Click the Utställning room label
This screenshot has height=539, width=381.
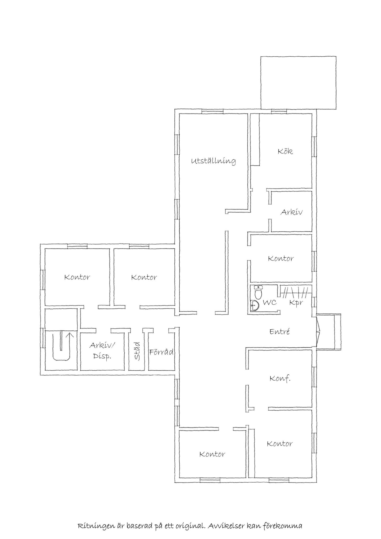[213, 161]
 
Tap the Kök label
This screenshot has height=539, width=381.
[285, 151]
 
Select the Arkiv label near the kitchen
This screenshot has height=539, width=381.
[291, 212]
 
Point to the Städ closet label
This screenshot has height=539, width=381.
[137, 351]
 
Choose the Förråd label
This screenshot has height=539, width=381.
[161, 352]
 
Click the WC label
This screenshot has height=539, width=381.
[270, 302]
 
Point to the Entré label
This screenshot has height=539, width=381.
[280, 331]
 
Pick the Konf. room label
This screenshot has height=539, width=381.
[280, 379]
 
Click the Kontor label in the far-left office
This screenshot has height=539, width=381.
[77, 277]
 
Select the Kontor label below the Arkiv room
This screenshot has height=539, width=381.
[281, 258]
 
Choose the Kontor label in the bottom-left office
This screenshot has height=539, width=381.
[212, 454]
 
